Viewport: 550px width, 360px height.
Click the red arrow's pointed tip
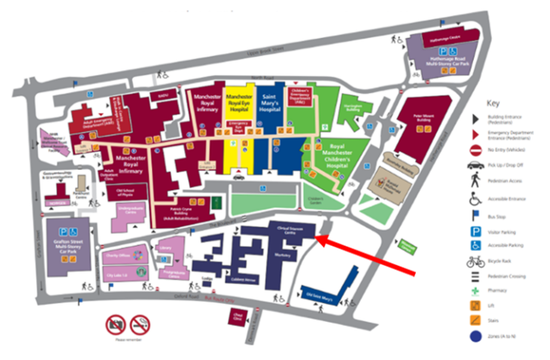(x=316, y=238)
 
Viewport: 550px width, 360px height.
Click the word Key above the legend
(x=493, y=104)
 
